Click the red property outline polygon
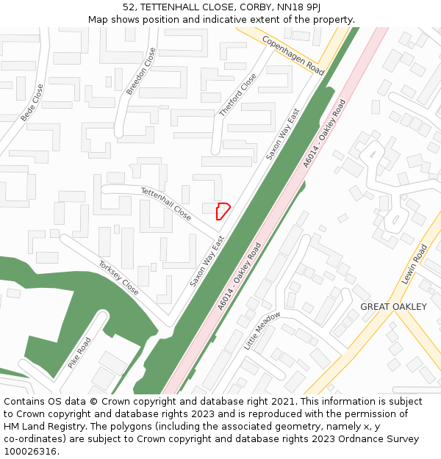point(223,211)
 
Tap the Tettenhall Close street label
point(166,203)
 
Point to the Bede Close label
point(32,102)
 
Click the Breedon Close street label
point(141,71)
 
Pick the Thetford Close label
point(238,95)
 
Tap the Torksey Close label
point(118,277)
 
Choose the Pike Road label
point(79,353)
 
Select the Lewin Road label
point(414,265)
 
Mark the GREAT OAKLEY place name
point(393,307)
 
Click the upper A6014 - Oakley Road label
point(324,134)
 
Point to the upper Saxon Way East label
point(283,135)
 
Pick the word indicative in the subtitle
point(237,20)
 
